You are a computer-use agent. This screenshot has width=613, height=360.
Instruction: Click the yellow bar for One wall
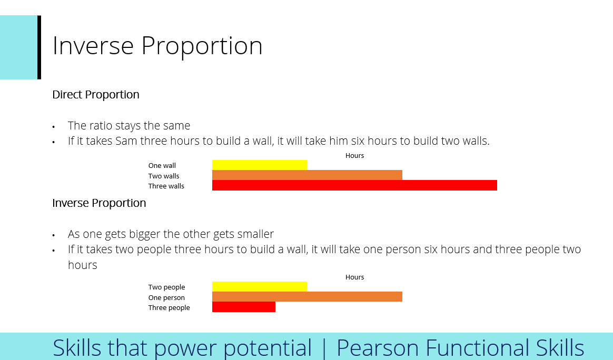[x=259, y=165]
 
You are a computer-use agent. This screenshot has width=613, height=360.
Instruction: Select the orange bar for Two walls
[x=307, y=175]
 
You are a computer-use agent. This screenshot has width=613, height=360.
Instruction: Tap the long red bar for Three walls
[x=354, y=185]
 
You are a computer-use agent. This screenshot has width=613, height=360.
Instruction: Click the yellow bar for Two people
[x=259, y=287]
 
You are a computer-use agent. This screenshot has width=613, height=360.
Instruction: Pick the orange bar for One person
[x=307, y=297]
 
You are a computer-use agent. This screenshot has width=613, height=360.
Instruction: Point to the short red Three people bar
[x=243, y=307]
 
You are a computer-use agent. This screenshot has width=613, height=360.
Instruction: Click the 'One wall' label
[x=162, y=166]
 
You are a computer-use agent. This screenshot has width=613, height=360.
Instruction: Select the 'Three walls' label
[x=166, y=186]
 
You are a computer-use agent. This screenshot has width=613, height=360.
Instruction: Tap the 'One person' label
[x=166, y=298]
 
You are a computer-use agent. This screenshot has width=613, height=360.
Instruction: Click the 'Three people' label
[x=169, y=308]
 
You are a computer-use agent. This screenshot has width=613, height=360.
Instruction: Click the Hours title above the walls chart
[x=354, y=156]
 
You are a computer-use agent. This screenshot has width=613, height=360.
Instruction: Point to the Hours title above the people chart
[x=354, y=277]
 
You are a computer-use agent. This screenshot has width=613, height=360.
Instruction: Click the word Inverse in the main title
[x=93, y=46]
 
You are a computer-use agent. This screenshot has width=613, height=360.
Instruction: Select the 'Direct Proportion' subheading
[x=96, y=95]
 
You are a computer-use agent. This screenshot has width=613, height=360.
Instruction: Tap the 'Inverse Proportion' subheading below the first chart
[x=99, y=203]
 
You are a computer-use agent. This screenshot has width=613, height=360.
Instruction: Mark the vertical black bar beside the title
[x=39, y=47]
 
